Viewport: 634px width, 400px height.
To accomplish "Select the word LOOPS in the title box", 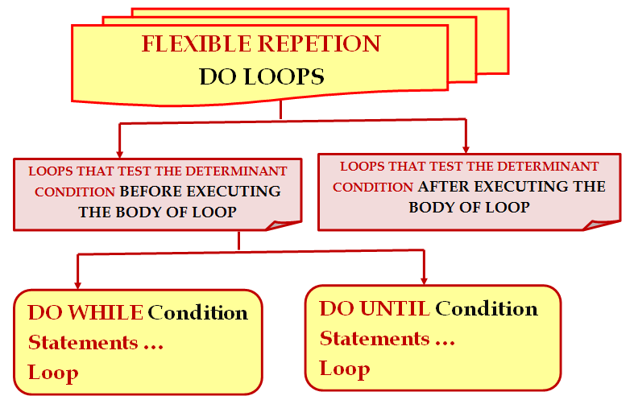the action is [284, 76].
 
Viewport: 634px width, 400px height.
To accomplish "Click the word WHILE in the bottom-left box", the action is [106, 312].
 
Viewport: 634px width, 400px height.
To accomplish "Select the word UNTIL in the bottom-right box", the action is [395, 308].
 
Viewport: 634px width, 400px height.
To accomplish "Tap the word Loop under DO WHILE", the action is [53, 373].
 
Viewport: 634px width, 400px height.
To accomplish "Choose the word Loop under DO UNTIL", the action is [345, 369].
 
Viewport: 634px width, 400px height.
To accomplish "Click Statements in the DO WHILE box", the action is [83, 343].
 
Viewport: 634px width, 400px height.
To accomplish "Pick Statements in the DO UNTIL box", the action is [375, 339].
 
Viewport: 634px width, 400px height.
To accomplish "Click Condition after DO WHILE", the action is [197, 313].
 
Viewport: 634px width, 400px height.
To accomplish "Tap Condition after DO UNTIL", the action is [487, 309].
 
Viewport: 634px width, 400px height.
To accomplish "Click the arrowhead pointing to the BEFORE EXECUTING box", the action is [119, 154].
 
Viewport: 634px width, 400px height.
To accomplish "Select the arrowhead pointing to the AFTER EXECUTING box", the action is [466, 149].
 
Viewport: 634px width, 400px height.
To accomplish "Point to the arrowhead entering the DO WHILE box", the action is [77, 285].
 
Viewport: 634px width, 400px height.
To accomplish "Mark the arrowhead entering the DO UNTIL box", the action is [424, 280].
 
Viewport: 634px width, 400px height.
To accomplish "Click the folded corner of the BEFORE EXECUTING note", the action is [281, 225].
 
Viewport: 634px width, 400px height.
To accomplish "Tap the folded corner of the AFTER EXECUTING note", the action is [599, 225].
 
